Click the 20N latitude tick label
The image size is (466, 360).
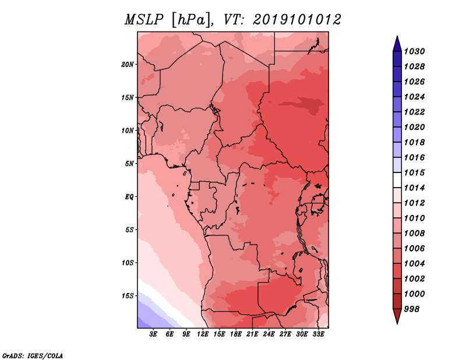coord(127,65)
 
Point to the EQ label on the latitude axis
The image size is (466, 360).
coord(129,197)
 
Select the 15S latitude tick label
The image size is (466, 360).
coord(128,296)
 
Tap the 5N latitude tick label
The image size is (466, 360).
coord(129,164)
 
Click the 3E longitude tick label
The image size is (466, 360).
coord(153,334)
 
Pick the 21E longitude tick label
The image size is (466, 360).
coord(252,334)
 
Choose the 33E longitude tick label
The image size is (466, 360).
coord(318,334)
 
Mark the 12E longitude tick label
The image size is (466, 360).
coord(203,334)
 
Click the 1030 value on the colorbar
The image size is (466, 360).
coord(414,51)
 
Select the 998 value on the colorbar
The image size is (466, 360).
coord(412,309)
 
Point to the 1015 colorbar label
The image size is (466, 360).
coord(414,172)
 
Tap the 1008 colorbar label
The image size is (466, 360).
coord(414,234)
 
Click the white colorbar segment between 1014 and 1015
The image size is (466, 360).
coord(397,180)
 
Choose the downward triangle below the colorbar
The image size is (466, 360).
coord(397,316)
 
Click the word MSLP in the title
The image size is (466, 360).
coord(144,20)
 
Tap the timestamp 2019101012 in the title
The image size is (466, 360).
coord(297,20)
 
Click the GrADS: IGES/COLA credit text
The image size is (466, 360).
coord(33,355)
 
